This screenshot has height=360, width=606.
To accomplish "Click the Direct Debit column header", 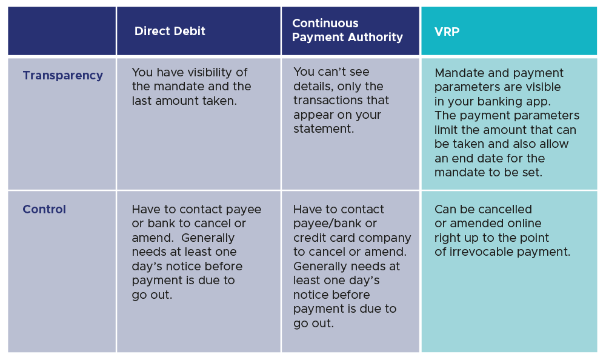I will (170, 32).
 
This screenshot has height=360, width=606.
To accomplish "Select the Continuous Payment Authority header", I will (347, 30).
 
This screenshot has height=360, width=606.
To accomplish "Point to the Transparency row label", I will (62, 76).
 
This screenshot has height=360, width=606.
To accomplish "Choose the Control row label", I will (44, 210).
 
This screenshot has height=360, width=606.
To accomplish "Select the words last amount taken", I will (184, 101).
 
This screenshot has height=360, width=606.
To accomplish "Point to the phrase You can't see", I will (331, 73).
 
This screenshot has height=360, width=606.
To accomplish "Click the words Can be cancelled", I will (483, 210).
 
